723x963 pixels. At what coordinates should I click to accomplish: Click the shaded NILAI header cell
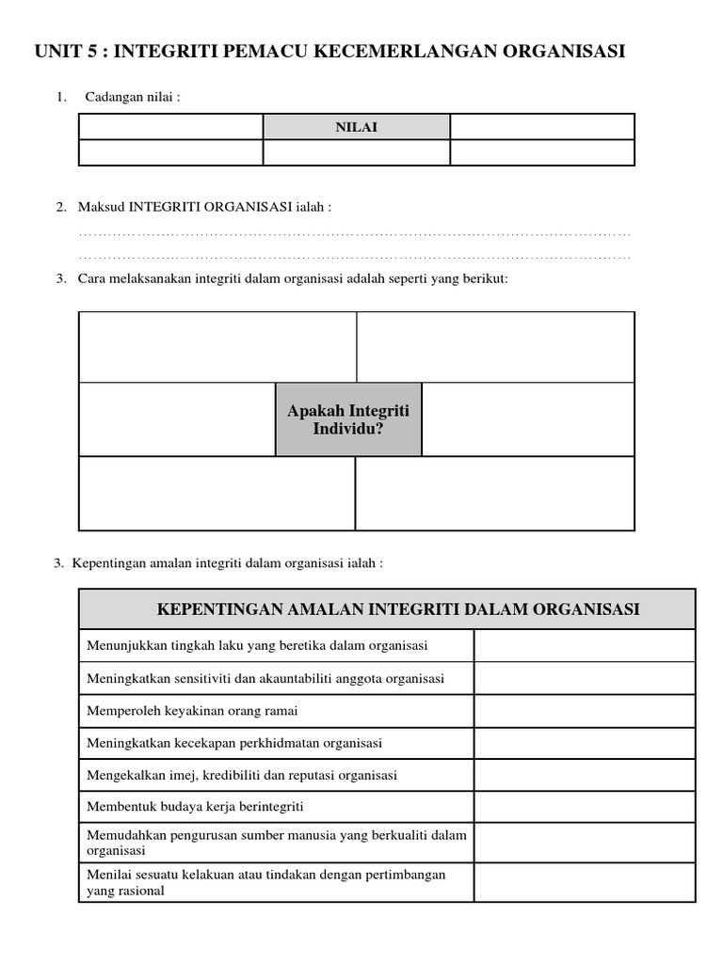click(x=356, y=127)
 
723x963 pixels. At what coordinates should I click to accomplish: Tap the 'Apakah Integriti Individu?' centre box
click(x=348, y=420)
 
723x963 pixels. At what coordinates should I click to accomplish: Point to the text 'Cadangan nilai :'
click(x=132, y=97)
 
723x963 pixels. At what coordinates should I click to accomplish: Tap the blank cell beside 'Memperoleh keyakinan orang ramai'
click(x=584, y=711)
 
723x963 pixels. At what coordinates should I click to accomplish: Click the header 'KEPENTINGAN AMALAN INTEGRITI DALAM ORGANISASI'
click(x=387, y=609)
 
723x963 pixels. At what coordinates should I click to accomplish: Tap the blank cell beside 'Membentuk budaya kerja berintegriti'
click(x=584, y=807)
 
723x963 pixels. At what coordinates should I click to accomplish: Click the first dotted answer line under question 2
click(x=354, y=233)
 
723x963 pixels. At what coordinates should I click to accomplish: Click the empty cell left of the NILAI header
click(x=170, y=127)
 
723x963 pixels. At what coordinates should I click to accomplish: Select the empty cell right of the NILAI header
click(x=542, y=127)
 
